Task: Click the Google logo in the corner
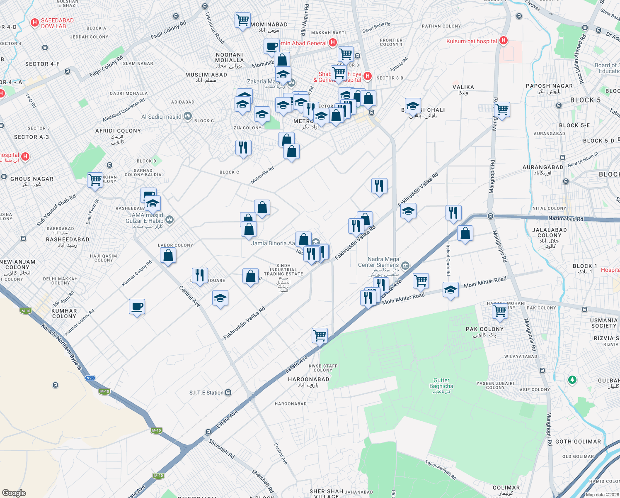tap(14, 493)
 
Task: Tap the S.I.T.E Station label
tap(206, 393)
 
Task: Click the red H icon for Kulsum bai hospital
tap(503, 41)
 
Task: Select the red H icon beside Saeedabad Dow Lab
tap(35, 23)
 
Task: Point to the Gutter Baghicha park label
tap(441, 383)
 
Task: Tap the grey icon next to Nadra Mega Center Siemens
tap(405, 265)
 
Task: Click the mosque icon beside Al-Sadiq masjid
tap(187, 116)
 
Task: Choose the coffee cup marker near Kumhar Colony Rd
tap(137, 307)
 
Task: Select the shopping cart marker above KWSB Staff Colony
tap(320, 335)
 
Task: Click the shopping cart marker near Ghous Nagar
tap(95, 180)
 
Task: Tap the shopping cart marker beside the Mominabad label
tap(242, 20)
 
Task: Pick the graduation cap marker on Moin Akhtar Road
tap(450, 290)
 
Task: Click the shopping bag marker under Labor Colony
tap(168, 255)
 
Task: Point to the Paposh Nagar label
tap(549, 86)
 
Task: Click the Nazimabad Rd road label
tap(565, 218)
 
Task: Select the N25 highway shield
tap(90, 378)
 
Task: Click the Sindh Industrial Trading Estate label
tap(283, 270)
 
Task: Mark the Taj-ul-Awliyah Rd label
tap(441, 470)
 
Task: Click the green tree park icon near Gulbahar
tap(572, 380)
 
